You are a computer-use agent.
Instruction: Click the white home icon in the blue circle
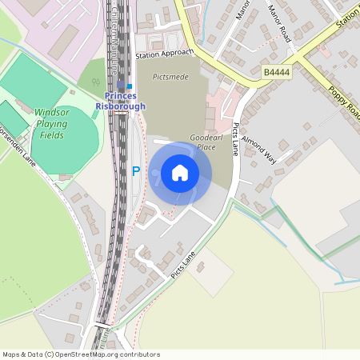(x=180, y=172)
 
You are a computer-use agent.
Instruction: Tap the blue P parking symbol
(x=135, y=171)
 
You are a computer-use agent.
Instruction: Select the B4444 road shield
(x=275, y=72)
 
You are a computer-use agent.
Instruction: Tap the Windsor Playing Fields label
(x=57, y=125)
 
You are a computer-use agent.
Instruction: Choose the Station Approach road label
(x=165, y=53)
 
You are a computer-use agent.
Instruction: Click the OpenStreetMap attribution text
(x=82, y=354)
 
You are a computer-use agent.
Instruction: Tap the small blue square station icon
(x=130, y=86)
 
